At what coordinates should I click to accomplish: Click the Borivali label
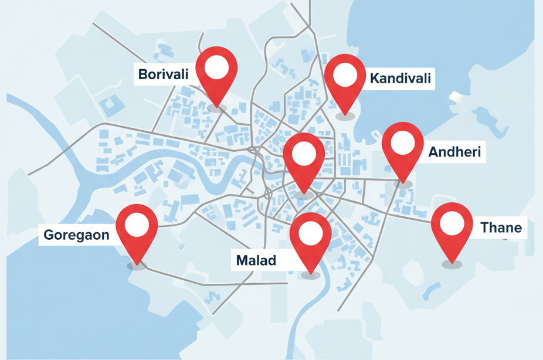coord(163,74)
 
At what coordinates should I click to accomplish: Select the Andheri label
coord(454,152)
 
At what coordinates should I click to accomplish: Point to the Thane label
coord(501,227)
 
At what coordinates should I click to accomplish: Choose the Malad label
coord(256,260)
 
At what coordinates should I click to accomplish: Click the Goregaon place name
coord(76,236)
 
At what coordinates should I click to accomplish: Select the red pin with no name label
coord(304,158)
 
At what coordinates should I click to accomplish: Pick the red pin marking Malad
coord(311,237)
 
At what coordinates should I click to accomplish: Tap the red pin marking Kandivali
coord(345,79)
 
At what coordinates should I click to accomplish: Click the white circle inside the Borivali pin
coord(216,67)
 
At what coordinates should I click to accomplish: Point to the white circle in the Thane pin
coord(452,223)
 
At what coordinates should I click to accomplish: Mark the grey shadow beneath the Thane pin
coord(452,265)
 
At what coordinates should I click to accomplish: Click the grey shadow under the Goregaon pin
coord(137,266)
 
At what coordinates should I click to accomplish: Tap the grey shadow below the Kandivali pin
coord(345,117)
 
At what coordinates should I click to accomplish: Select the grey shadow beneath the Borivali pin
coord(216,108)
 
